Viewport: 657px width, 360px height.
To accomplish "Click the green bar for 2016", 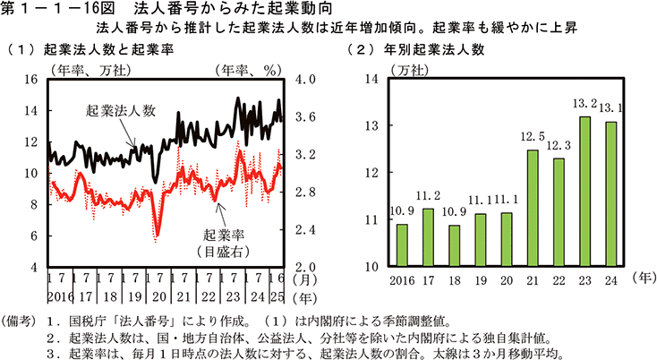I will point(402,244).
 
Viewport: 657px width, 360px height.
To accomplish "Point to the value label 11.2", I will point(429,195).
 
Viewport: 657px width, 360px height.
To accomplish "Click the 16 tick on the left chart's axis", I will point(30,79).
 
